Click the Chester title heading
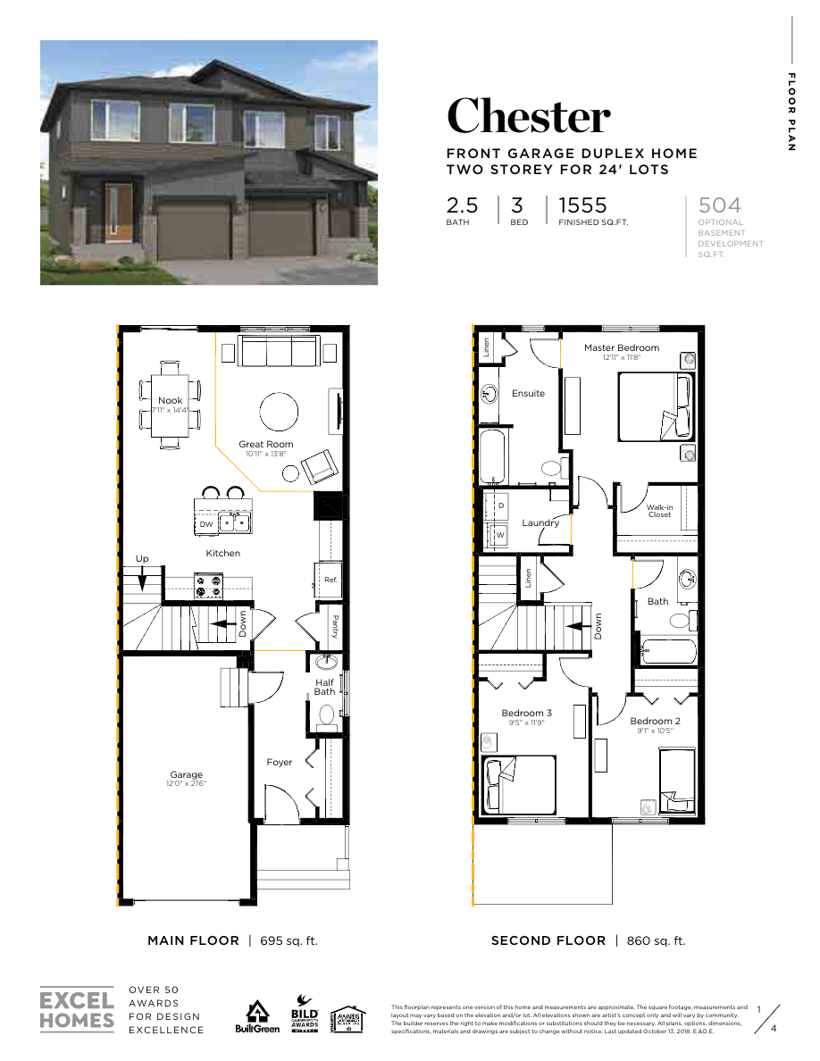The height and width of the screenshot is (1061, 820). (529, 116)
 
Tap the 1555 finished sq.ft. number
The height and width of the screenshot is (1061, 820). (582, 205)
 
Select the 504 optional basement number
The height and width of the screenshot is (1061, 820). (720, 205)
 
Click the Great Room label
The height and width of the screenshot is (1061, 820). (265, 444)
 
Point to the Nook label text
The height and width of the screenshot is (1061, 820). (170, 400)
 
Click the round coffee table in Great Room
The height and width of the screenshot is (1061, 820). (280, 413)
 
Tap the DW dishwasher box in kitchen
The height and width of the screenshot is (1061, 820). (206, 524)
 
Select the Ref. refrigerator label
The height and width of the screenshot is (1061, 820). (330, 580)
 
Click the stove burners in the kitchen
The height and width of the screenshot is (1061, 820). (209, 585)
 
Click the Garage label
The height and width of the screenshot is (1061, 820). (187, 774)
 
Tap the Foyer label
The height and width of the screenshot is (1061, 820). (279, 762)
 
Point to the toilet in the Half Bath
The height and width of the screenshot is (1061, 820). (326, 714)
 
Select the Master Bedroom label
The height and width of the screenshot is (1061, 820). (622, 347)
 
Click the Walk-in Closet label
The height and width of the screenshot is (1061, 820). (659, 510)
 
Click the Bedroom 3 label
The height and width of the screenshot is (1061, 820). (526, 713)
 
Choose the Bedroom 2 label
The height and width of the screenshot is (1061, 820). (655, 721)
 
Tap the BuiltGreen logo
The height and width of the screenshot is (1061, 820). (257, 1016)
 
